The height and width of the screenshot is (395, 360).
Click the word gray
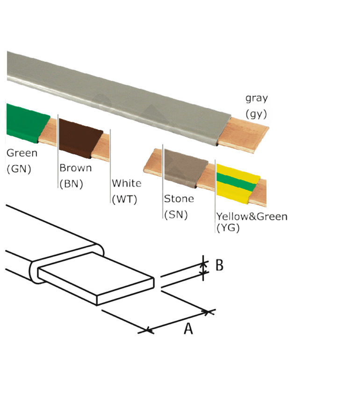coord(257,99)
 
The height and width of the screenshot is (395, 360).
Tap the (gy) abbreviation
coord(256,114)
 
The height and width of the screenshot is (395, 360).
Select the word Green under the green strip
coord(22,153)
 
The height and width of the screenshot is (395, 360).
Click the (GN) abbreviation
coord(19,169)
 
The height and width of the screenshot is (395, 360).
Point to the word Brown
coord(76,168)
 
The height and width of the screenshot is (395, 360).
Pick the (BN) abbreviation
coord(71,184)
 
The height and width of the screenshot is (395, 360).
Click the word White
coord(126,183)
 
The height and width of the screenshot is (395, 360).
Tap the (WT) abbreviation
coord(124,199)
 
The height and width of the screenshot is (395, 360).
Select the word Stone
coord(179,199)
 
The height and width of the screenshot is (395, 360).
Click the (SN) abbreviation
coord(176,215)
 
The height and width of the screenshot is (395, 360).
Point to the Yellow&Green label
coord(252,216)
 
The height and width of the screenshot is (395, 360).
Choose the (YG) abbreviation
coord(228,228)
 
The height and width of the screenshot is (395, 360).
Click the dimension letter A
coord(188,329)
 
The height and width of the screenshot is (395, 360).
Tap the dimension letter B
coord(219,265)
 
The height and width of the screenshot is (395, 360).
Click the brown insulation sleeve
coord(80,138)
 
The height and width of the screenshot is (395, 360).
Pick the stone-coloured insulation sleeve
coord(186,168)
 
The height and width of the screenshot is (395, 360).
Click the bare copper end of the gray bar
coord(243,135)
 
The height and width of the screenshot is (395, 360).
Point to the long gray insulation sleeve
coord(118,98)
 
